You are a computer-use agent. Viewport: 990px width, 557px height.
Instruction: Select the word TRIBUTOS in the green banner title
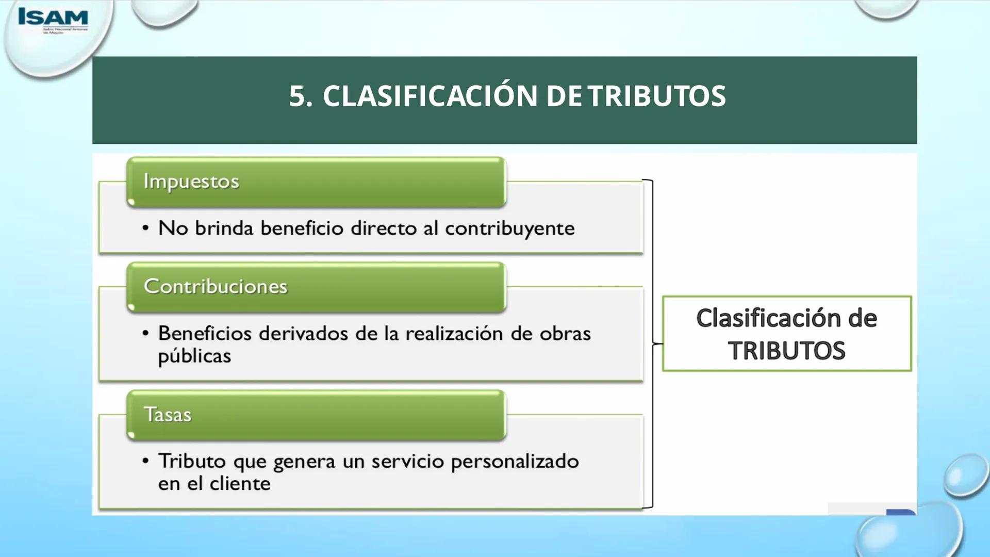pyautogui.click(x=657, y=96)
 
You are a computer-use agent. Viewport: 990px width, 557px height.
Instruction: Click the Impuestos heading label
pyautogui.click(x=191, y=182)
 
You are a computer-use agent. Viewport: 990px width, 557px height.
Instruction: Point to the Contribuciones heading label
pyautogui.click(x=215, y=286)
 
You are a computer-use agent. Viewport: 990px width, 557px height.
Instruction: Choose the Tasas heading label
pyautogui.click(x=168, y=415)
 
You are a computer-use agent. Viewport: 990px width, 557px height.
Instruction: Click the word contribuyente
pyautogui.click(x=509, y=228)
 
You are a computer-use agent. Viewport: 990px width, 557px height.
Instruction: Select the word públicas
pyautogui.click(x=194, y=356)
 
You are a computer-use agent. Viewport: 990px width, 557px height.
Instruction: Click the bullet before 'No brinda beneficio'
pyautogui.click(x=145, y=228)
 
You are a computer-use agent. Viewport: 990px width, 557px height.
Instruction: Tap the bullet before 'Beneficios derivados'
pyautogui.click(x=145, y=334)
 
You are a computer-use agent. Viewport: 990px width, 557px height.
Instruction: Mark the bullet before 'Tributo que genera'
pyautogui.click(x=145, y=461)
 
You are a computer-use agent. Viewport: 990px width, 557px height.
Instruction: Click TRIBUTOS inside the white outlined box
pyautogui.click(x=786, y=351)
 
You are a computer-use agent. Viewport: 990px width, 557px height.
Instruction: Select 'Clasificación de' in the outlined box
pyautogui.click(x=786, y=318)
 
